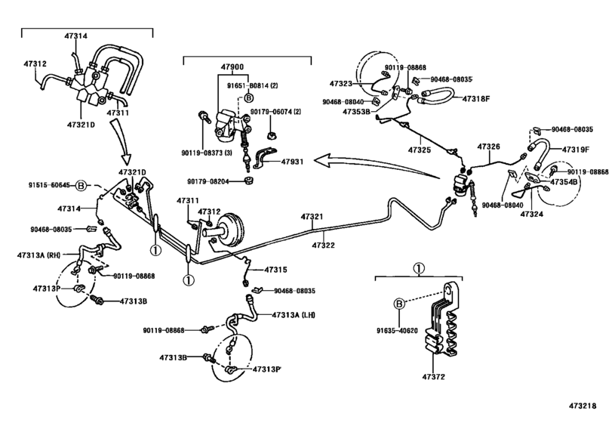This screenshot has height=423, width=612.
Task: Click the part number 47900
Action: point(232,67)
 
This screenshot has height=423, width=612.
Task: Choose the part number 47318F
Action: point(476,99)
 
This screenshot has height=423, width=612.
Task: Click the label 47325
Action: point(420,150)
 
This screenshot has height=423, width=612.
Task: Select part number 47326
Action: point(488,146)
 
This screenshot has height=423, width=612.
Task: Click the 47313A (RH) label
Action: point(38,255)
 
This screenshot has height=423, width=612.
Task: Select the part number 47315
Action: point(275,270)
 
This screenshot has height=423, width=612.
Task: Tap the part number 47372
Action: point(434,375)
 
